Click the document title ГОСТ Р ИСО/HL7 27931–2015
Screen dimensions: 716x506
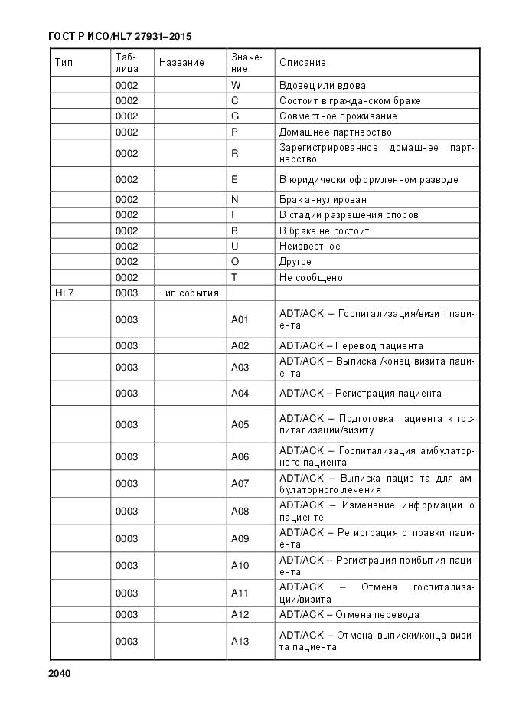[120, 36]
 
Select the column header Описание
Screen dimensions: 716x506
[302, 62]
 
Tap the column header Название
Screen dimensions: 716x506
[181, 62]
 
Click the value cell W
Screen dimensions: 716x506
[235, 86]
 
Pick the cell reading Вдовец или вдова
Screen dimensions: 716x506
[322, 86]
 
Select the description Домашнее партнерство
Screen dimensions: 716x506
[335, 132]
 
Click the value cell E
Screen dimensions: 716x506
[234, 180]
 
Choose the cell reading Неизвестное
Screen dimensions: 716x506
[310, 247]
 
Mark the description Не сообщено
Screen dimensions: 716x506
[311, 278]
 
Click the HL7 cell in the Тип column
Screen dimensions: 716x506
[64, 293]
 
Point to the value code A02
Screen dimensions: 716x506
[240, 345]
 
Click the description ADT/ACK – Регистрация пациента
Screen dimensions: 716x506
[360, 394]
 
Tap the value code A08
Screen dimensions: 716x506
[240, 511]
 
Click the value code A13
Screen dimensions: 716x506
[240, 642]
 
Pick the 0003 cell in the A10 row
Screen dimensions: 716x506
[126, 566]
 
